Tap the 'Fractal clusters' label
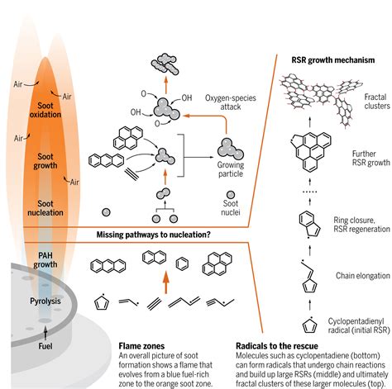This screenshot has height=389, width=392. point(368,102)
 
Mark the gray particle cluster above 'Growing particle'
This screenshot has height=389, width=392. point(232,148)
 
